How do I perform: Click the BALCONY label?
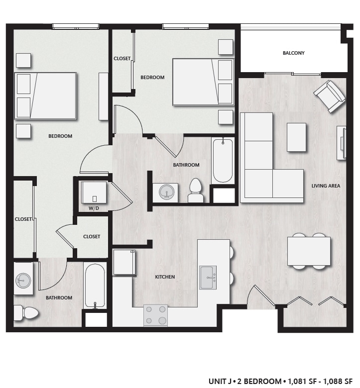293,53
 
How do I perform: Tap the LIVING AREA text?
326,186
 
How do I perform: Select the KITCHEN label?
165,277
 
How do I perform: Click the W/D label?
94,208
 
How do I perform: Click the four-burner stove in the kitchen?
155,315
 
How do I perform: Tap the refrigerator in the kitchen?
124,262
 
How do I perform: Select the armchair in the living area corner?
329,96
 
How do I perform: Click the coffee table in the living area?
296,137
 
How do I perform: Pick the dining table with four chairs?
309,251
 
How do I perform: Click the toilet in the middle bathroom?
195,191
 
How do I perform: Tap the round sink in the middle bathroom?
168,192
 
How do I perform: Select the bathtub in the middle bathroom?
222,160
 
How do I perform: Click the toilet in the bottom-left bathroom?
27,313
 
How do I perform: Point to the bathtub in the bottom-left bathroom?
95,286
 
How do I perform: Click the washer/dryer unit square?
94,192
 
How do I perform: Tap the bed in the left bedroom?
45,96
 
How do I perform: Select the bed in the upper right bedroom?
203,82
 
